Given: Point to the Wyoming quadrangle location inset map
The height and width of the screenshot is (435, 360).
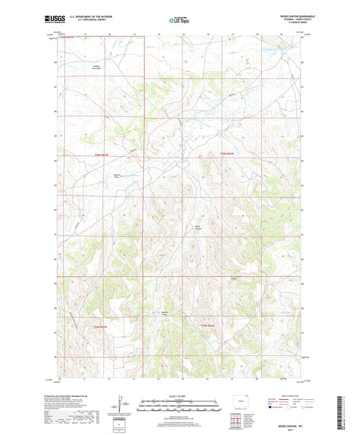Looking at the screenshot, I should tap(236, 403).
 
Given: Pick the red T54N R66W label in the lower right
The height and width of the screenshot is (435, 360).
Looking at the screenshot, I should tap(207, 327).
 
